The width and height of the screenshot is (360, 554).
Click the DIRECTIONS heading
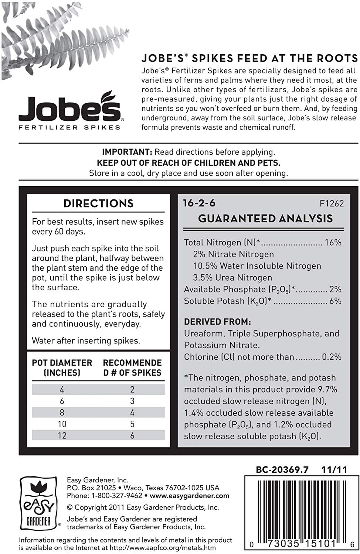point(98,204)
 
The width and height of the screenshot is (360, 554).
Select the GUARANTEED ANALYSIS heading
point(265,218)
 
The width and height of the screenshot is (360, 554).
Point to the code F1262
point(332,204)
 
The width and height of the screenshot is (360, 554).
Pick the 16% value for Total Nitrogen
point(333,243)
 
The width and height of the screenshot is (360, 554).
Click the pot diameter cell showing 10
point(62,424)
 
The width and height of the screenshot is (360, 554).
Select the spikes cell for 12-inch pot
point(132,436)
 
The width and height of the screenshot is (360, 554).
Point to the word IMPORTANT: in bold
point(127,152)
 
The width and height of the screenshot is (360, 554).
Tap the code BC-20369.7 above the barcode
point(282,470)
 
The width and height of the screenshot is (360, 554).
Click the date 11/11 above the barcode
point(334,470)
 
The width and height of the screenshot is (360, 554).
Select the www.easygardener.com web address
point(190,496)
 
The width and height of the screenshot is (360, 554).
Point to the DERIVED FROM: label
point(212,322)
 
